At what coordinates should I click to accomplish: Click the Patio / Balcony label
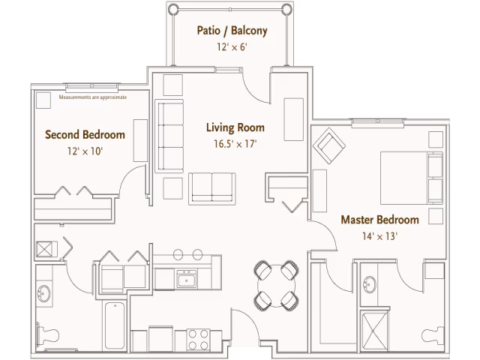tap(232, 31)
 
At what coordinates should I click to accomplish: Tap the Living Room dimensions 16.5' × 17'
tap(235, 143)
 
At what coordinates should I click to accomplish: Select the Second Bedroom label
tap(85, 135)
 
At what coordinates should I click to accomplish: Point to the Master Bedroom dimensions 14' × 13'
tap(380, 236)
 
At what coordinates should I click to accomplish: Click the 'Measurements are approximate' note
tap(93, 97)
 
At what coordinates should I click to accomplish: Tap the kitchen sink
tap(187, 279)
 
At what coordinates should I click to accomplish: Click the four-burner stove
tap(198, 339)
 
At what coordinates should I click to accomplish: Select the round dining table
tap(277, 286)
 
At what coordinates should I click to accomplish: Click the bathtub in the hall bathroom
tap(115, 325)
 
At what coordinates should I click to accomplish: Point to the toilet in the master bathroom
tap(433, 335)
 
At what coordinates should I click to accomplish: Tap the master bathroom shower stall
tap(373, 331)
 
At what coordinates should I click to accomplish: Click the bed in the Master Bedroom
tap(412, 178)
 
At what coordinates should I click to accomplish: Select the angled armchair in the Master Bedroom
tap(329, 145)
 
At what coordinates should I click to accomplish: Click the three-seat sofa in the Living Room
tap(169, 136)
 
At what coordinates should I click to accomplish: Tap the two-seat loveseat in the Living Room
tap(211, 188)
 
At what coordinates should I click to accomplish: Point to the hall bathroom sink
tap(44, 293)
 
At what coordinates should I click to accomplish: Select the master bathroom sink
tap(370, 284)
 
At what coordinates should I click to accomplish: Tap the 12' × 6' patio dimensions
tap(232, 47)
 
